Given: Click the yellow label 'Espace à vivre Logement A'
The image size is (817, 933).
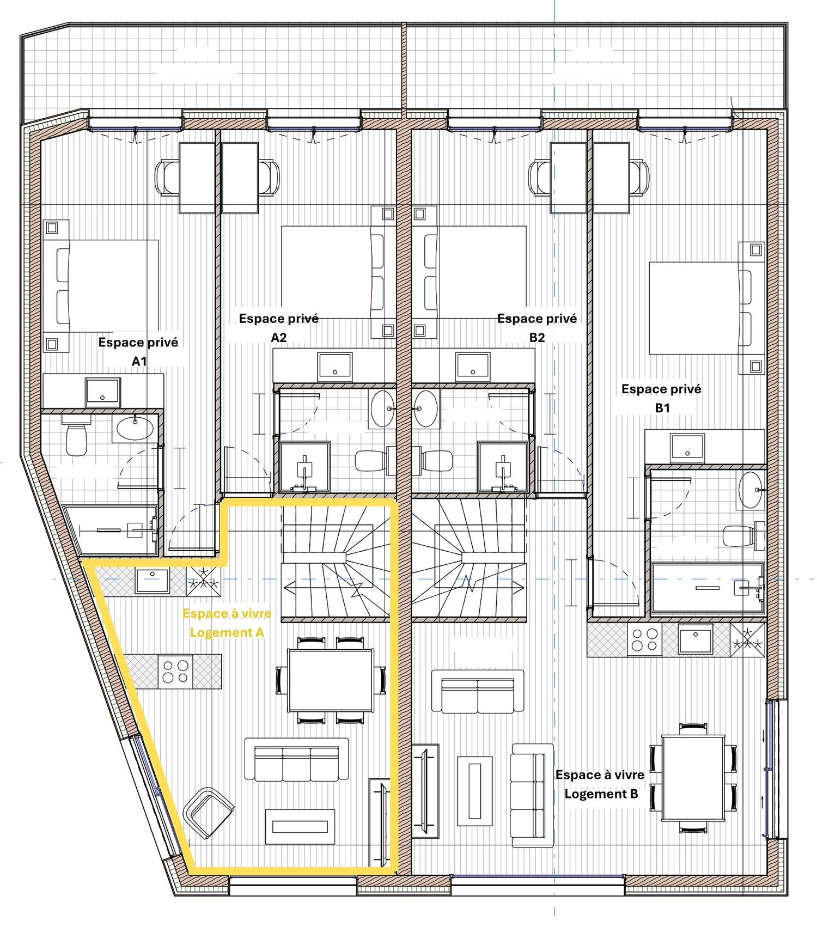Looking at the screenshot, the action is (227, 623).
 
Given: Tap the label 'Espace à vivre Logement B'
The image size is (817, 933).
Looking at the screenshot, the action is (600, 784).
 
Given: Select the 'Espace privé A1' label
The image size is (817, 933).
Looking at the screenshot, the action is (138, 351).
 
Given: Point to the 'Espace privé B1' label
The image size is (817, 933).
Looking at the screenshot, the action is (661, 398).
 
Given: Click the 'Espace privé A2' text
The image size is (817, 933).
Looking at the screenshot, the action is (279, 328).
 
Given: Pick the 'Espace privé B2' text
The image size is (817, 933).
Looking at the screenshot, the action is (537, 328).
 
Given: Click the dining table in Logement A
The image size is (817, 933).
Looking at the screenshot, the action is (331, 680).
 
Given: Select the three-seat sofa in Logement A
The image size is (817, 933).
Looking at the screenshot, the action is (297, 760).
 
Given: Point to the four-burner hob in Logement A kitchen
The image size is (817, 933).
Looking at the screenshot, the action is (175, 672).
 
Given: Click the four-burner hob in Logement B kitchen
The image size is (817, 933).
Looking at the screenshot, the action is (644, 640).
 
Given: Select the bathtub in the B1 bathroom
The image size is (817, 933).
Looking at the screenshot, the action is (708, 588).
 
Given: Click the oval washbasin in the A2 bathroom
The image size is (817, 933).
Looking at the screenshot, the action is (383, 408).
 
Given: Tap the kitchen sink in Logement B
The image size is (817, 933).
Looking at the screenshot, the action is (695, 639).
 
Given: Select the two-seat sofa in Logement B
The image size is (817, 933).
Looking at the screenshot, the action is (478, 692).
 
